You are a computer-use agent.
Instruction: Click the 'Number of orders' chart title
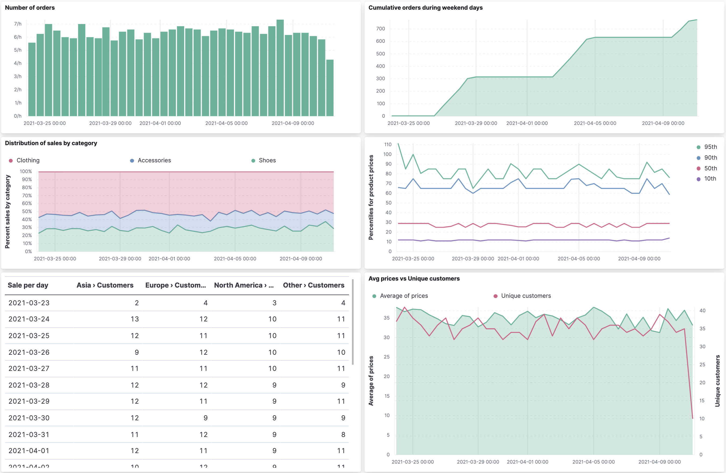point(30,8)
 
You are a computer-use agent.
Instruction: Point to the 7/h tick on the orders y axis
point(18,24)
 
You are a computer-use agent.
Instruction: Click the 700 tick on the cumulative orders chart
point(380,29)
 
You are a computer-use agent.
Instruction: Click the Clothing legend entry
point(28,160)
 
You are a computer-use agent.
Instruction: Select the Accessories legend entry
point(154,160)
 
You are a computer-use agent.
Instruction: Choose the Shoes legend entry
point(267,160)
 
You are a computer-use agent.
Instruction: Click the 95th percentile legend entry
point(710,147)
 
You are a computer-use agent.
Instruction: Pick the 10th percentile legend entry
point(710,179)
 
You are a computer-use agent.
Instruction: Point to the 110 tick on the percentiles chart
point(387,145)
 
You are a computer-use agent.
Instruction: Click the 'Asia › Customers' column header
point(105,285)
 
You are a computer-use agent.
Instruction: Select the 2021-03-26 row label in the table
point(29,352)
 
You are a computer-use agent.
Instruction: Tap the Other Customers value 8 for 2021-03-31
point(343,435)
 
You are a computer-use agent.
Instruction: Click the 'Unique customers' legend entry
point(526,296)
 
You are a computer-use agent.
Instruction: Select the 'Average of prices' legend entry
point(404,296)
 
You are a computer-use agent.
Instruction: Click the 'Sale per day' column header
point(28,285)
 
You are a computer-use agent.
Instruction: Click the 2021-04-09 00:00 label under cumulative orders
point(663,123)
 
